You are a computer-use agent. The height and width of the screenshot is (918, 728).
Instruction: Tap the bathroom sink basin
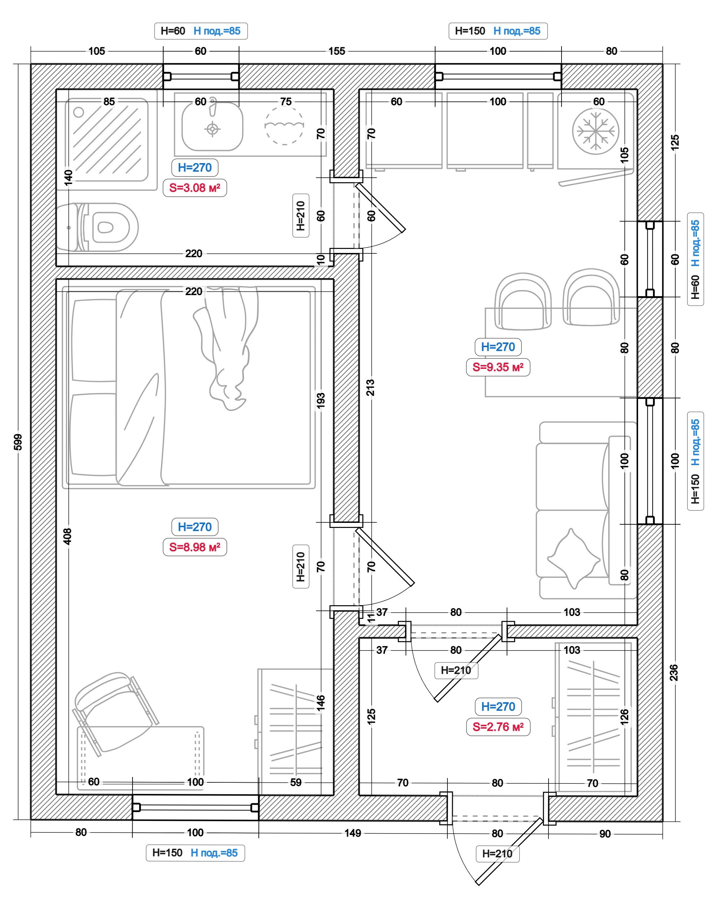point(212,127)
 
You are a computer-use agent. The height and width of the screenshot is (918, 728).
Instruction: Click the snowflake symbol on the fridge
point(595,131)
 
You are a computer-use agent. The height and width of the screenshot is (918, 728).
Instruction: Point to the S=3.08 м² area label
point(195,188)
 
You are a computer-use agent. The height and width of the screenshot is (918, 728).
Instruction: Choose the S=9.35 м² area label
point(498,367)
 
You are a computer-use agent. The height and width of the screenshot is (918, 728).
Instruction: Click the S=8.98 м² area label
point(195,547)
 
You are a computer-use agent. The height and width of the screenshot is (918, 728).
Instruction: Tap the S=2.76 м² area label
point(498,727)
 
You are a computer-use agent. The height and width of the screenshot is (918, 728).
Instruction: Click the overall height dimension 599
point(18,442)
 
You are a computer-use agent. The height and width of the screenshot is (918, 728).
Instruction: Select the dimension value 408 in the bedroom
point(67,537)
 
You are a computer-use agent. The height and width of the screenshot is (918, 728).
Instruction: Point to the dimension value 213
point(370,388)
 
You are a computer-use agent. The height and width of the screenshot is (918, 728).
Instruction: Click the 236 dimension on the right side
point(673,673)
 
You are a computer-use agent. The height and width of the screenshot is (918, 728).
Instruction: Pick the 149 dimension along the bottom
point(353,833)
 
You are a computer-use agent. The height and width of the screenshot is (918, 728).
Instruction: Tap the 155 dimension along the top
point(337,51)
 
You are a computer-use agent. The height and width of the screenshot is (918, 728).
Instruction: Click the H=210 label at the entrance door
point(497,854)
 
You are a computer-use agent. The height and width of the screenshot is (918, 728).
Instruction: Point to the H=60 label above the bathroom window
point(173,31)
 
